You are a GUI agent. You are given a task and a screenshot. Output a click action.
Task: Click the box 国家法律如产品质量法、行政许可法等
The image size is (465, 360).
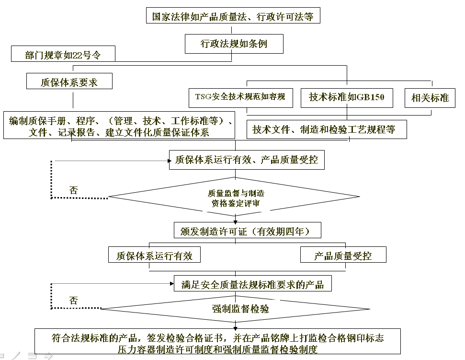pyautogui.click(x=233, y=17)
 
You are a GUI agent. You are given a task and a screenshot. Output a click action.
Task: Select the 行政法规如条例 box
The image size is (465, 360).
pyautogui.click(x=234, y=44)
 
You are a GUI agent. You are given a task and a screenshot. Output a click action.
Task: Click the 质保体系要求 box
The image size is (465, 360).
pyautogui.click(x=69, y=82)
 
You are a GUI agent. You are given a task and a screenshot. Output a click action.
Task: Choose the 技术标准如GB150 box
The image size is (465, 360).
pyautogui.click(x=347, y=97)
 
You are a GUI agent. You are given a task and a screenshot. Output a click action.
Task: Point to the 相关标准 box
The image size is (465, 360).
pyautogui.click(x=430, y=98)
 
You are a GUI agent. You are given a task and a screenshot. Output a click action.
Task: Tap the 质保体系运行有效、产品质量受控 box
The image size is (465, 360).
pyautogui.click(x=246, y=159)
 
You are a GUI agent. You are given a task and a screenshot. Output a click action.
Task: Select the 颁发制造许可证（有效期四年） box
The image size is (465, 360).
pyautogui.click(x=247, y=232)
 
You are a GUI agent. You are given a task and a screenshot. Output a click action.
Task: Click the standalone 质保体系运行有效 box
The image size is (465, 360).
pyautogui.click(x=154, y=255)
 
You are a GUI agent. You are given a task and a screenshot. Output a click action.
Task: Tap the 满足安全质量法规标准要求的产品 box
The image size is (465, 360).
pyautogui.click(x=252, y=285)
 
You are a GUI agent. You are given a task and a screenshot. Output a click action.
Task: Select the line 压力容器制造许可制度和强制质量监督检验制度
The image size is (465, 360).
pyautogui.click(x=217, y=349)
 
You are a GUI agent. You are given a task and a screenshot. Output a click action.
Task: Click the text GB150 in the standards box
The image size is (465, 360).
pyautogui.click(x=371, y=97)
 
